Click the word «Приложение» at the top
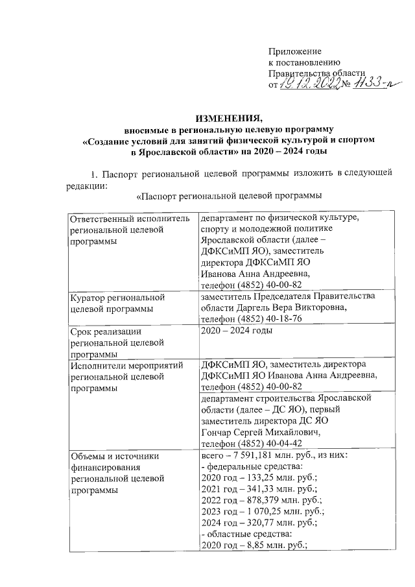point(295,51)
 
